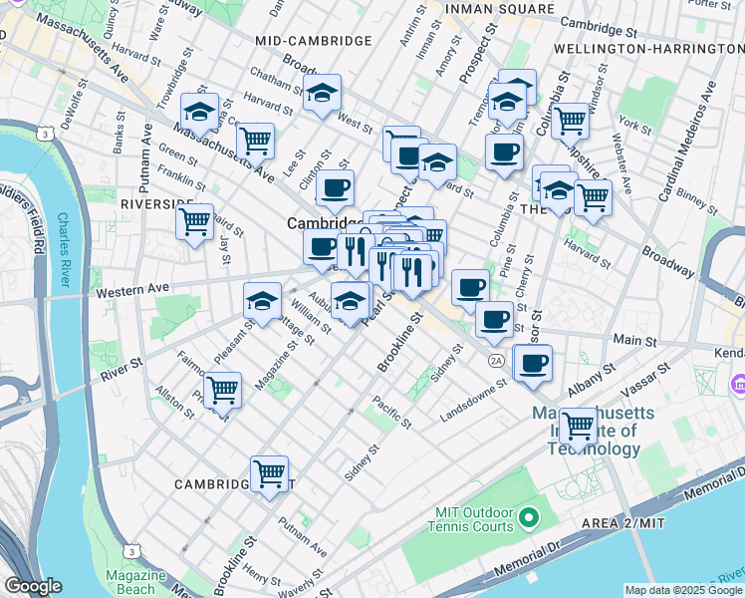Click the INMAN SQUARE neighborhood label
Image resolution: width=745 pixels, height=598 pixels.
click(499, 9)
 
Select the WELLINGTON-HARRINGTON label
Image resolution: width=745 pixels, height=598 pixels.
click(657, 48)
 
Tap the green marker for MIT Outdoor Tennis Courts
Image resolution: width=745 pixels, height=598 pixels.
click(529, 518)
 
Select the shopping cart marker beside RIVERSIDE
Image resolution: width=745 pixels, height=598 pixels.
click(194, 220)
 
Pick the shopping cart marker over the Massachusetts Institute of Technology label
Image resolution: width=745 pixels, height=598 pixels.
click(578, 426)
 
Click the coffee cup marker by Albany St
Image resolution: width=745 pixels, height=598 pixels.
click(533, 363)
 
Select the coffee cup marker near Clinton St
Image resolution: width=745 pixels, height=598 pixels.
click(335, 186)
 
